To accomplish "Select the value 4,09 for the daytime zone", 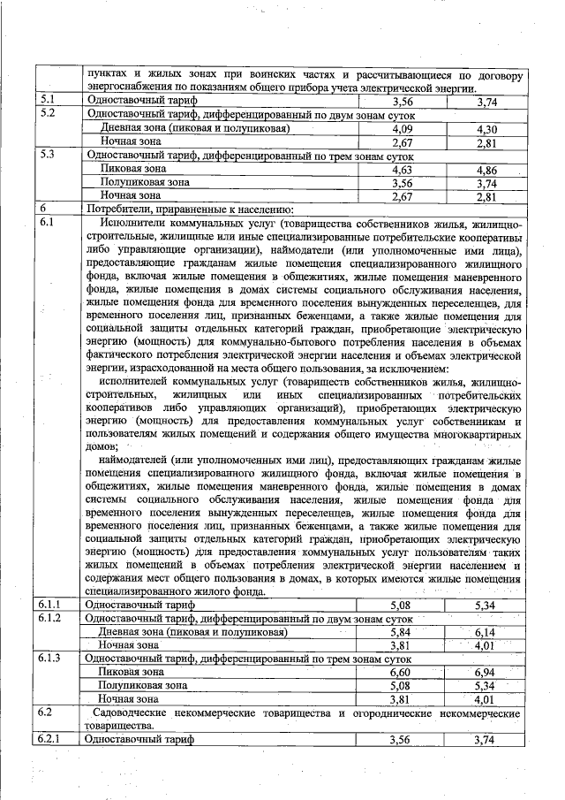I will coord(403,129).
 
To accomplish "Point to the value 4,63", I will coord(403,169).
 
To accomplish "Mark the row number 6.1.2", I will coord(51,618).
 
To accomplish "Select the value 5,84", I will coord(403,632).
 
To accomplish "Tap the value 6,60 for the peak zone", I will coord(403,672).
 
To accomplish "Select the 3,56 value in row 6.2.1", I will coord(403,740).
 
